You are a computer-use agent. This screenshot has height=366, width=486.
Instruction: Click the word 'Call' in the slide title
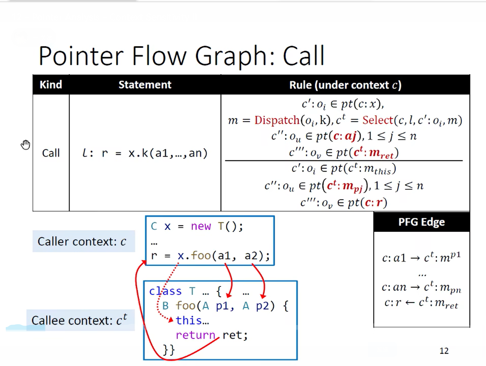coord(303,56)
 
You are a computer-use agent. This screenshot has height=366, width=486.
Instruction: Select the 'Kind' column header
coord(51,85)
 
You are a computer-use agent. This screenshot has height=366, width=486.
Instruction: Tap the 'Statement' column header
coord(145,85)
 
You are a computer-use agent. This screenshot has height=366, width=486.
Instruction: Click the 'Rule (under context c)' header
coord(345,85)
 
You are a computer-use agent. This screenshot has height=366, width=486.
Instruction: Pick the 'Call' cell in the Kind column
coord(51,153)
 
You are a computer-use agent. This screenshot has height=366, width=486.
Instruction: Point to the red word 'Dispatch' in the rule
coord(277,120)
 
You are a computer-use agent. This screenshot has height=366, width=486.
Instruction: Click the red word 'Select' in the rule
coord(377,120)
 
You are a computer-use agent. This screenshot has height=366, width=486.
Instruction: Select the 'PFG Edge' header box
coord(422,222)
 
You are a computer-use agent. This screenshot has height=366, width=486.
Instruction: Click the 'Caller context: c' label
coord(82,242)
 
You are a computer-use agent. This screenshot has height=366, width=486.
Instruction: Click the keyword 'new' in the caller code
coord(201,226)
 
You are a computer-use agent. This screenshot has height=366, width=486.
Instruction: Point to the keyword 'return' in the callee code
coord(195,335)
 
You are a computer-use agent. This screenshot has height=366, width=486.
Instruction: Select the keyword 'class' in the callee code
coord(165,291)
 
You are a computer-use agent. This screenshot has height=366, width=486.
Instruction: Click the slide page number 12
coord(444,351)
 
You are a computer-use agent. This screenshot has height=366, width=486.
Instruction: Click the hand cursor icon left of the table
coord(25,145)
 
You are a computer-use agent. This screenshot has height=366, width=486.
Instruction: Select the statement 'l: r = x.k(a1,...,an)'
coord(145,153)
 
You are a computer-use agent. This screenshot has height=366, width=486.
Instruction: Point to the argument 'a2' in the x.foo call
coord(251,256)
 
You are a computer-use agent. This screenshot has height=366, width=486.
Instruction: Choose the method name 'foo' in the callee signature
coord(185,306)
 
